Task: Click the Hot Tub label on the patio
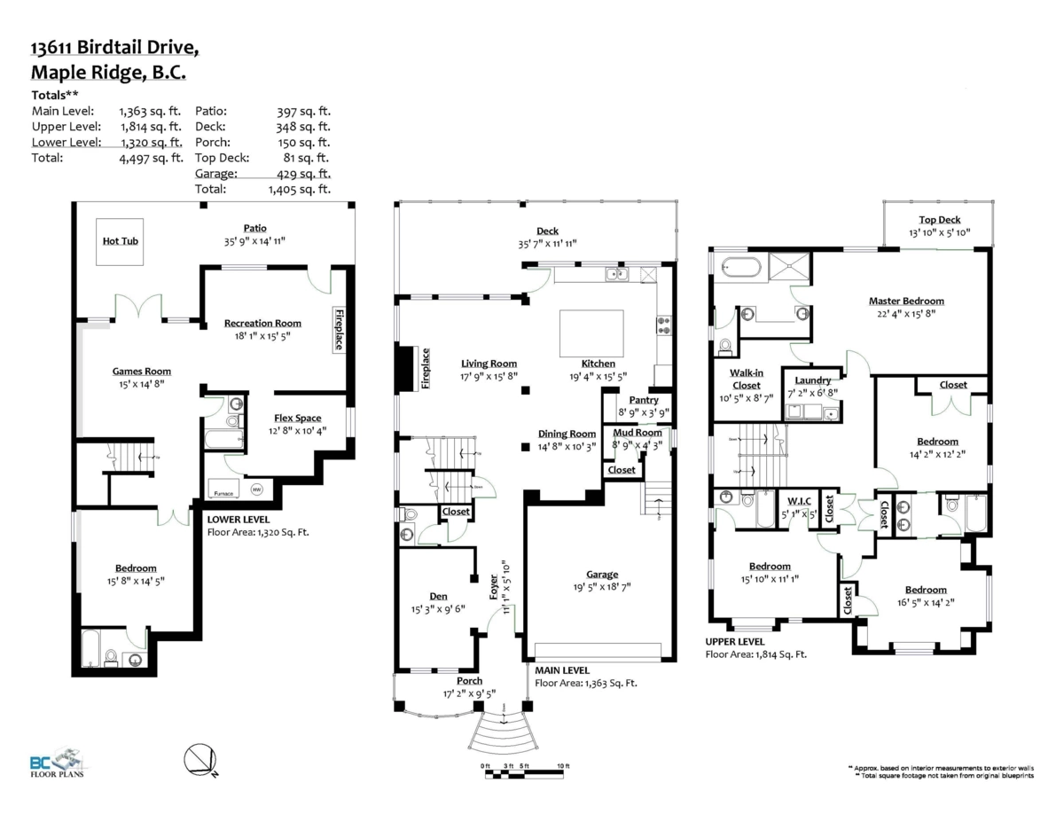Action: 121,240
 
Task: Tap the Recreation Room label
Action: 262,324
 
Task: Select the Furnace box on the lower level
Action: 222,493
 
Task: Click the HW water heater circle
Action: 257,489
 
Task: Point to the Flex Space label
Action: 296,419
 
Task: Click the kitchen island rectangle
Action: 591,333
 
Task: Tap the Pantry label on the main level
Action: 644,401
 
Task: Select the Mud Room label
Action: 638,433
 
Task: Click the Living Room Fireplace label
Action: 425,368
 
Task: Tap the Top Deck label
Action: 939,220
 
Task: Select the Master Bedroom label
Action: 906,301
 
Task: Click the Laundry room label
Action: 812,380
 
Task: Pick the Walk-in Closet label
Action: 746,379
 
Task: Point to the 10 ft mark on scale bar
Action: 563,766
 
